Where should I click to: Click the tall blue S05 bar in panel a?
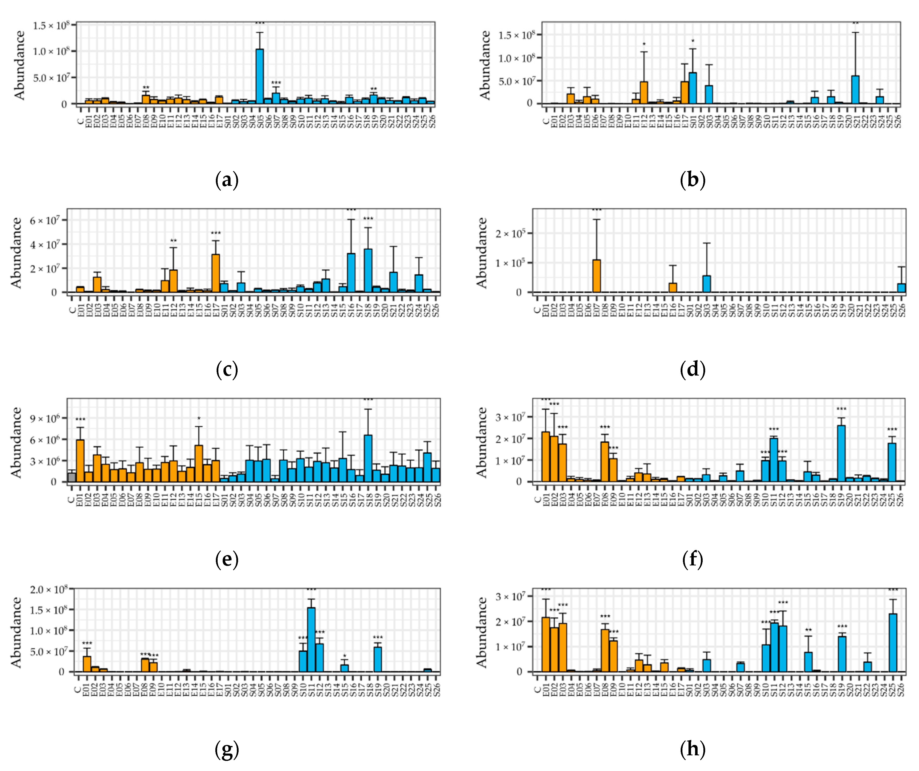click(260, 77)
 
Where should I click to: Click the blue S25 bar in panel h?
click(893, 643)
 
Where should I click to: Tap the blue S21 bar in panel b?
click(855, 90)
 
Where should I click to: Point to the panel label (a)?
click(227, 180)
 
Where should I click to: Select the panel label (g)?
click(227, 750)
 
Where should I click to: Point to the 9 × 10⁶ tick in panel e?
click(45, 418)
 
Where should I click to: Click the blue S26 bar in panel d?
click(901, 288)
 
